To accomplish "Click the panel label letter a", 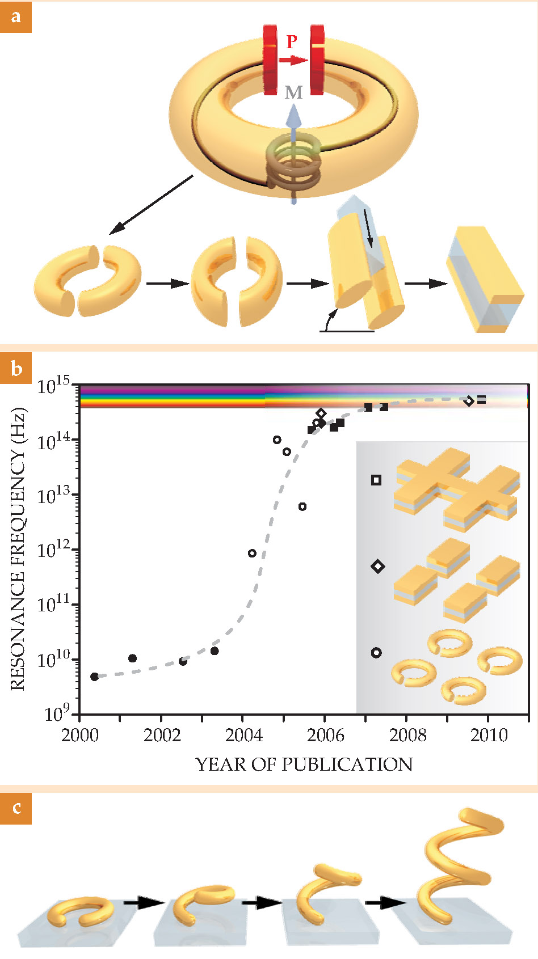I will click(15, 16).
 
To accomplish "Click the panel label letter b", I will click(16, 369).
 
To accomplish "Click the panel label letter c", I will click(16, 807).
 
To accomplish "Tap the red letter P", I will click(292, 41).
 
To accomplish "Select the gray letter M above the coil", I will click(293, 92).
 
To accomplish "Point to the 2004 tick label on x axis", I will click(243, 735).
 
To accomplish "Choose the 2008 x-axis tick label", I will click(407, 735).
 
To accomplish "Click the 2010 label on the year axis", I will click(489, 735).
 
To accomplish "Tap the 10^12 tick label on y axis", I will click(55, 550).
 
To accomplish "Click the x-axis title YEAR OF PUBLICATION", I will click(304, 764).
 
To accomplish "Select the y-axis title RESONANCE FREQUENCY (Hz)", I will click(18, 548).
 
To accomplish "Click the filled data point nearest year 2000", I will click(94, 677).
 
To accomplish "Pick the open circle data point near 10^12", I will click(252, 553).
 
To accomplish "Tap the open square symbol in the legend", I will click(376, 480).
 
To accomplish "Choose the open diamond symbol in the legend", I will click(377, 566).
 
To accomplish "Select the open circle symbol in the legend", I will click(376, 653).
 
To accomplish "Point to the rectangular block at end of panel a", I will click(485, 279).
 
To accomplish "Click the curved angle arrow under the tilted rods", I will click(328, 320).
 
